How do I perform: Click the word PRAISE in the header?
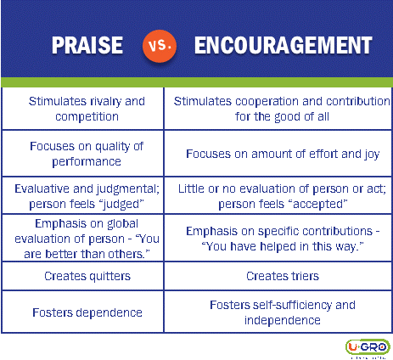pos(87,45)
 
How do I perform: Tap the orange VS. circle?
pos(160,46)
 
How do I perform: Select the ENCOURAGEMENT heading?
pos(283,45)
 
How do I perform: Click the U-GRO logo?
pos(368,347)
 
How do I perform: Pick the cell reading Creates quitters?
pos(82,276)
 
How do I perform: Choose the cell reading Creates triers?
pos(278,276)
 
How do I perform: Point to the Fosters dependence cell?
pos(82,312)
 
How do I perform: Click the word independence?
pos(283,320)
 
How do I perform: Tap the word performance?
pos(87,162)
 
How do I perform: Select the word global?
pos(122,224)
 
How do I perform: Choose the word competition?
pos(87,116)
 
